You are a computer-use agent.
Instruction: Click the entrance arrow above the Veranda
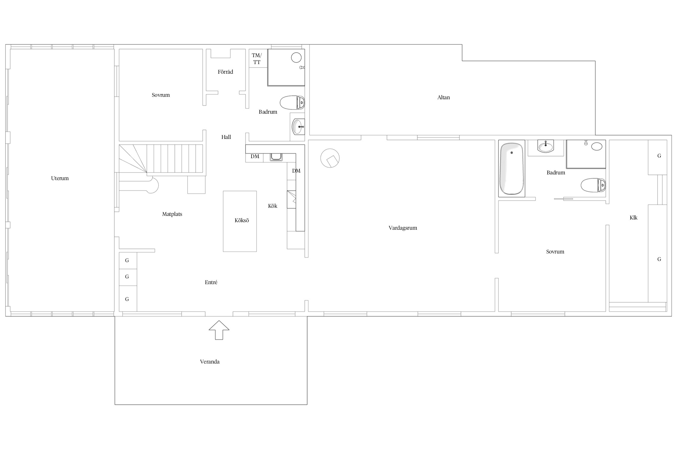pyautogui.click(x=219, y=330)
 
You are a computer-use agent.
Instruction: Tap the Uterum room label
pyautogui.click(x=60, y=178)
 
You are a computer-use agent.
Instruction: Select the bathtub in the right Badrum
pyautogui.click(x=512, y=168)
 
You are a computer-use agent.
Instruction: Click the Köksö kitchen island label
pyautogui.click(x=242, y=220)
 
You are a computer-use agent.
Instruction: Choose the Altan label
pyautogui.click(x=444, y=97)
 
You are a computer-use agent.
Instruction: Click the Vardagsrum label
pyautogui.click(x=403, y=228)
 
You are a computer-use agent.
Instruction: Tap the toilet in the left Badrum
pyautogui.click(x=292, y=103)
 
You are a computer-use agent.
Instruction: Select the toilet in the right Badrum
pyautogui.click(x=593, y=185)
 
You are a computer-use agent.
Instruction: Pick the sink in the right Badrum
pyautogui.click(x=546, y=146)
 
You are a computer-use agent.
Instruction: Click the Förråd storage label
pyautogui.click(x=225, y=72)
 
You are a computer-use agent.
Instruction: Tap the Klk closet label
pyautogui.click(x=633, y=218)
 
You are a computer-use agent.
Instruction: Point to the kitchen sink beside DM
pyautogui.click(x=276, y=157)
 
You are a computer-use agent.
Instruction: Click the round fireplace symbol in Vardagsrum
pyautogui.click(x=330, y=158)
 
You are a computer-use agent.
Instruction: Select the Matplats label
pyautogui.click(x=172, y=214)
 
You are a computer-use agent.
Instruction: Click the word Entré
pyautogui.click(x=211, y=282)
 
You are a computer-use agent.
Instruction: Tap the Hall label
pyautogui.click(x=226, y=137)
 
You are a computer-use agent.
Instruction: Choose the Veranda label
pyautogui.click(x=210, y=362)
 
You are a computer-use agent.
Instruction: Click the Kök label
pyautogui.click(x=273, y=206)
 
